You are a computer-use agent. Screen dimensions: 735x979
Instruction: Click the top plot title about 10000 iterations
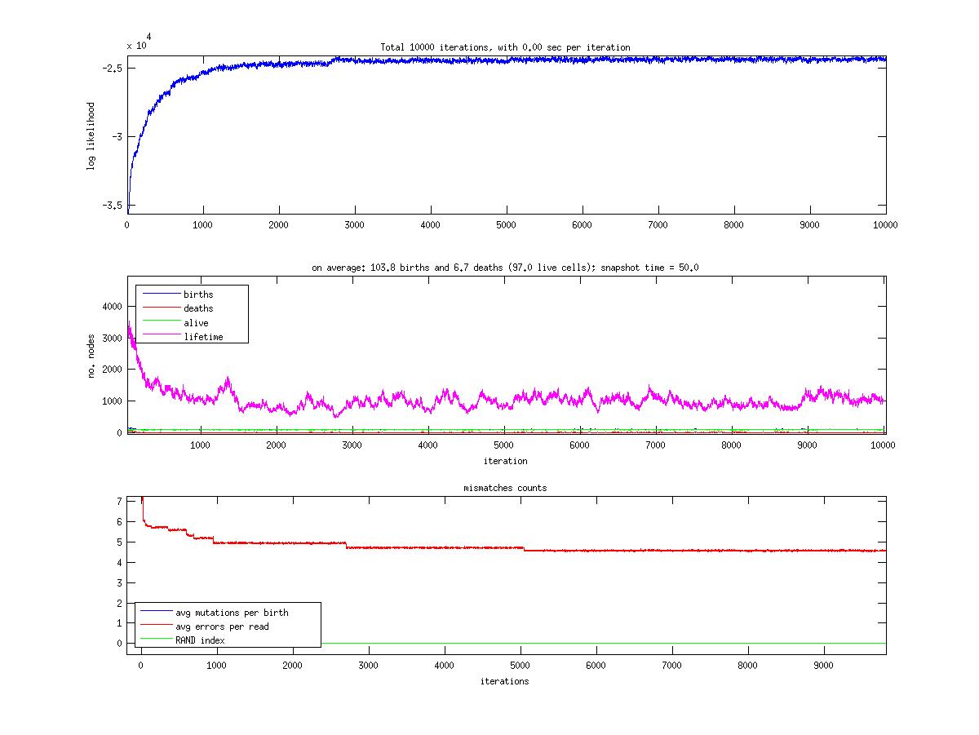(x=505, y=47)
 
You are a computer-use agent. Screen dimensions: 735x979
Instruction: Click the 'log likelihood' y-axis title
(x=91, y=136)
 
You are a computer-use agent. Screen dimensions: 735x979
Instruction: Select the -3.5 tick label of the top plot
(x=113, y=206)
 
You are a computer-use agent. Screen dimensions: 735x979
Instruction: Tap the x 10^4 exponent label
(x=139, y=43)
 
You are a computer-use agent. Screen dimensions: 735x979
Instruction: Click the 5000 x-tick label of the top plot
(x=506, y=224)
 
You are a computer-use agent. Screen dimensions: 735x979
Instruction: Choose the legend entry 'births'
(x=199, y=294)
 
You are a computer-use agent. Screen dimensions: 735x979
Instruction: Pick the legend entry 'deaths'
(x=198, y=308)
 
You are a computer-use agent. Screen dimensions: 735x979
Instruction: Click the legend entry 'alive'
(x=196, y=323)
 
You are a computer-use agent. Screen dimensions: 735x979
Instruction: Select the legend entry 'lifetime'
(x=203, y=337)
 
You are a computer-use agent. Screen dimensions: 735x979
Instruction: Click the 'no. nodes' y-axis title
(x=92, y=355)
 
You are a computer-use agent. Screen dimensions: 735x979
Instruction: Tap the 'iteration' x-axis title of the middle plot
(x=505, y=461)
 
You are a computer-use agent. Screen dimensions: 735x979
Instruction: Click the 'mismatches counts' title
(x=506, y=488)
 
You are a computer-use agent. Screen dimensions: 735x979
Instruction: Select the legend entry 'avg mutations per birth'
(x=232, y=612)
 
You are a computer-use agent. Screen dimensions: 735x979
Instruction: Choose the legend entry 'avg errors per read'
(x=222, y=627)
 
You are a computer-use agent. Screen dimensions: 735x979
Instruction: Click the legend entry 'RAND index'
(x=200, y=640)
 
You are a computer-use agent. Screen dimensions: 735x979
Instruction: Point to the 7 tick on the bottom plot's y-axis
(x=119, y=501)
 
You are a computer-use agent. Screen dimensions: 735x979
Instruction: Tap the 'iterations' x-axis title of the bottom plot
(x=504, y=681)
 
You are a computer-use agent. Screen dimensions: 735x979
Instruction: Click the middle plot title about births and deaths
(x=505, y=268)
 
